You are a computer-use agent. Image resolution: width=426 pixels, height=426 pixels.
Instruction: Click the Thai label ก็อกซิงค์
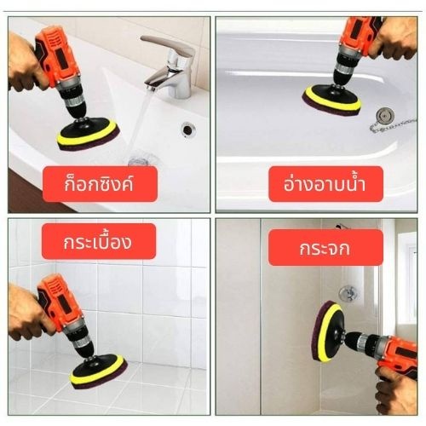coord(99,184)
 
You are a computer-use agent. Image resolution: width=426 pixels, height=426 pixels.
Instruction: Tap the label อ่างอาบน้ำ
coord(325,183)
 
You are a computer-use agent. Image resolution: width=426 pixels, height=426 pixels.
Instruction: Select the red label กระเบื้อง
coord(97,242)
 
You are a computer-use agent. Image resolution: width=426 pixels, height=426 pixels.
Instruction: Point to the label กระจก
coord(325,248)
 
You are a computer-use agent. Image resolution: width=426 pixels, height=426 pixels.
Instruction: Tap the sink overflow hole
coord(187,130)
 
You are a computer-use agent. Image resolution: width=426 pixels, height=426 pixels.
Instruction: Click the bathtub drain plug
coord(385,116)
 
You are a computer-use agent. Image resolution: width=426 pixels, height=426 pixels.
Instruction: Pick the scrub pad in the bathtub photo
coord(331,100)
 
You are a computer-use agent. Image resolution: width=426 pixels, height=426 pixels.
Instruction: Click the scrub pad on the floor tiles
coord(98,371)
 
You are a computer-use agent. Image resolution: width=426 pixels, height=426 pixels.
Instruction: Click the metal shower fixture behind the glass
coord(348,293)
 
